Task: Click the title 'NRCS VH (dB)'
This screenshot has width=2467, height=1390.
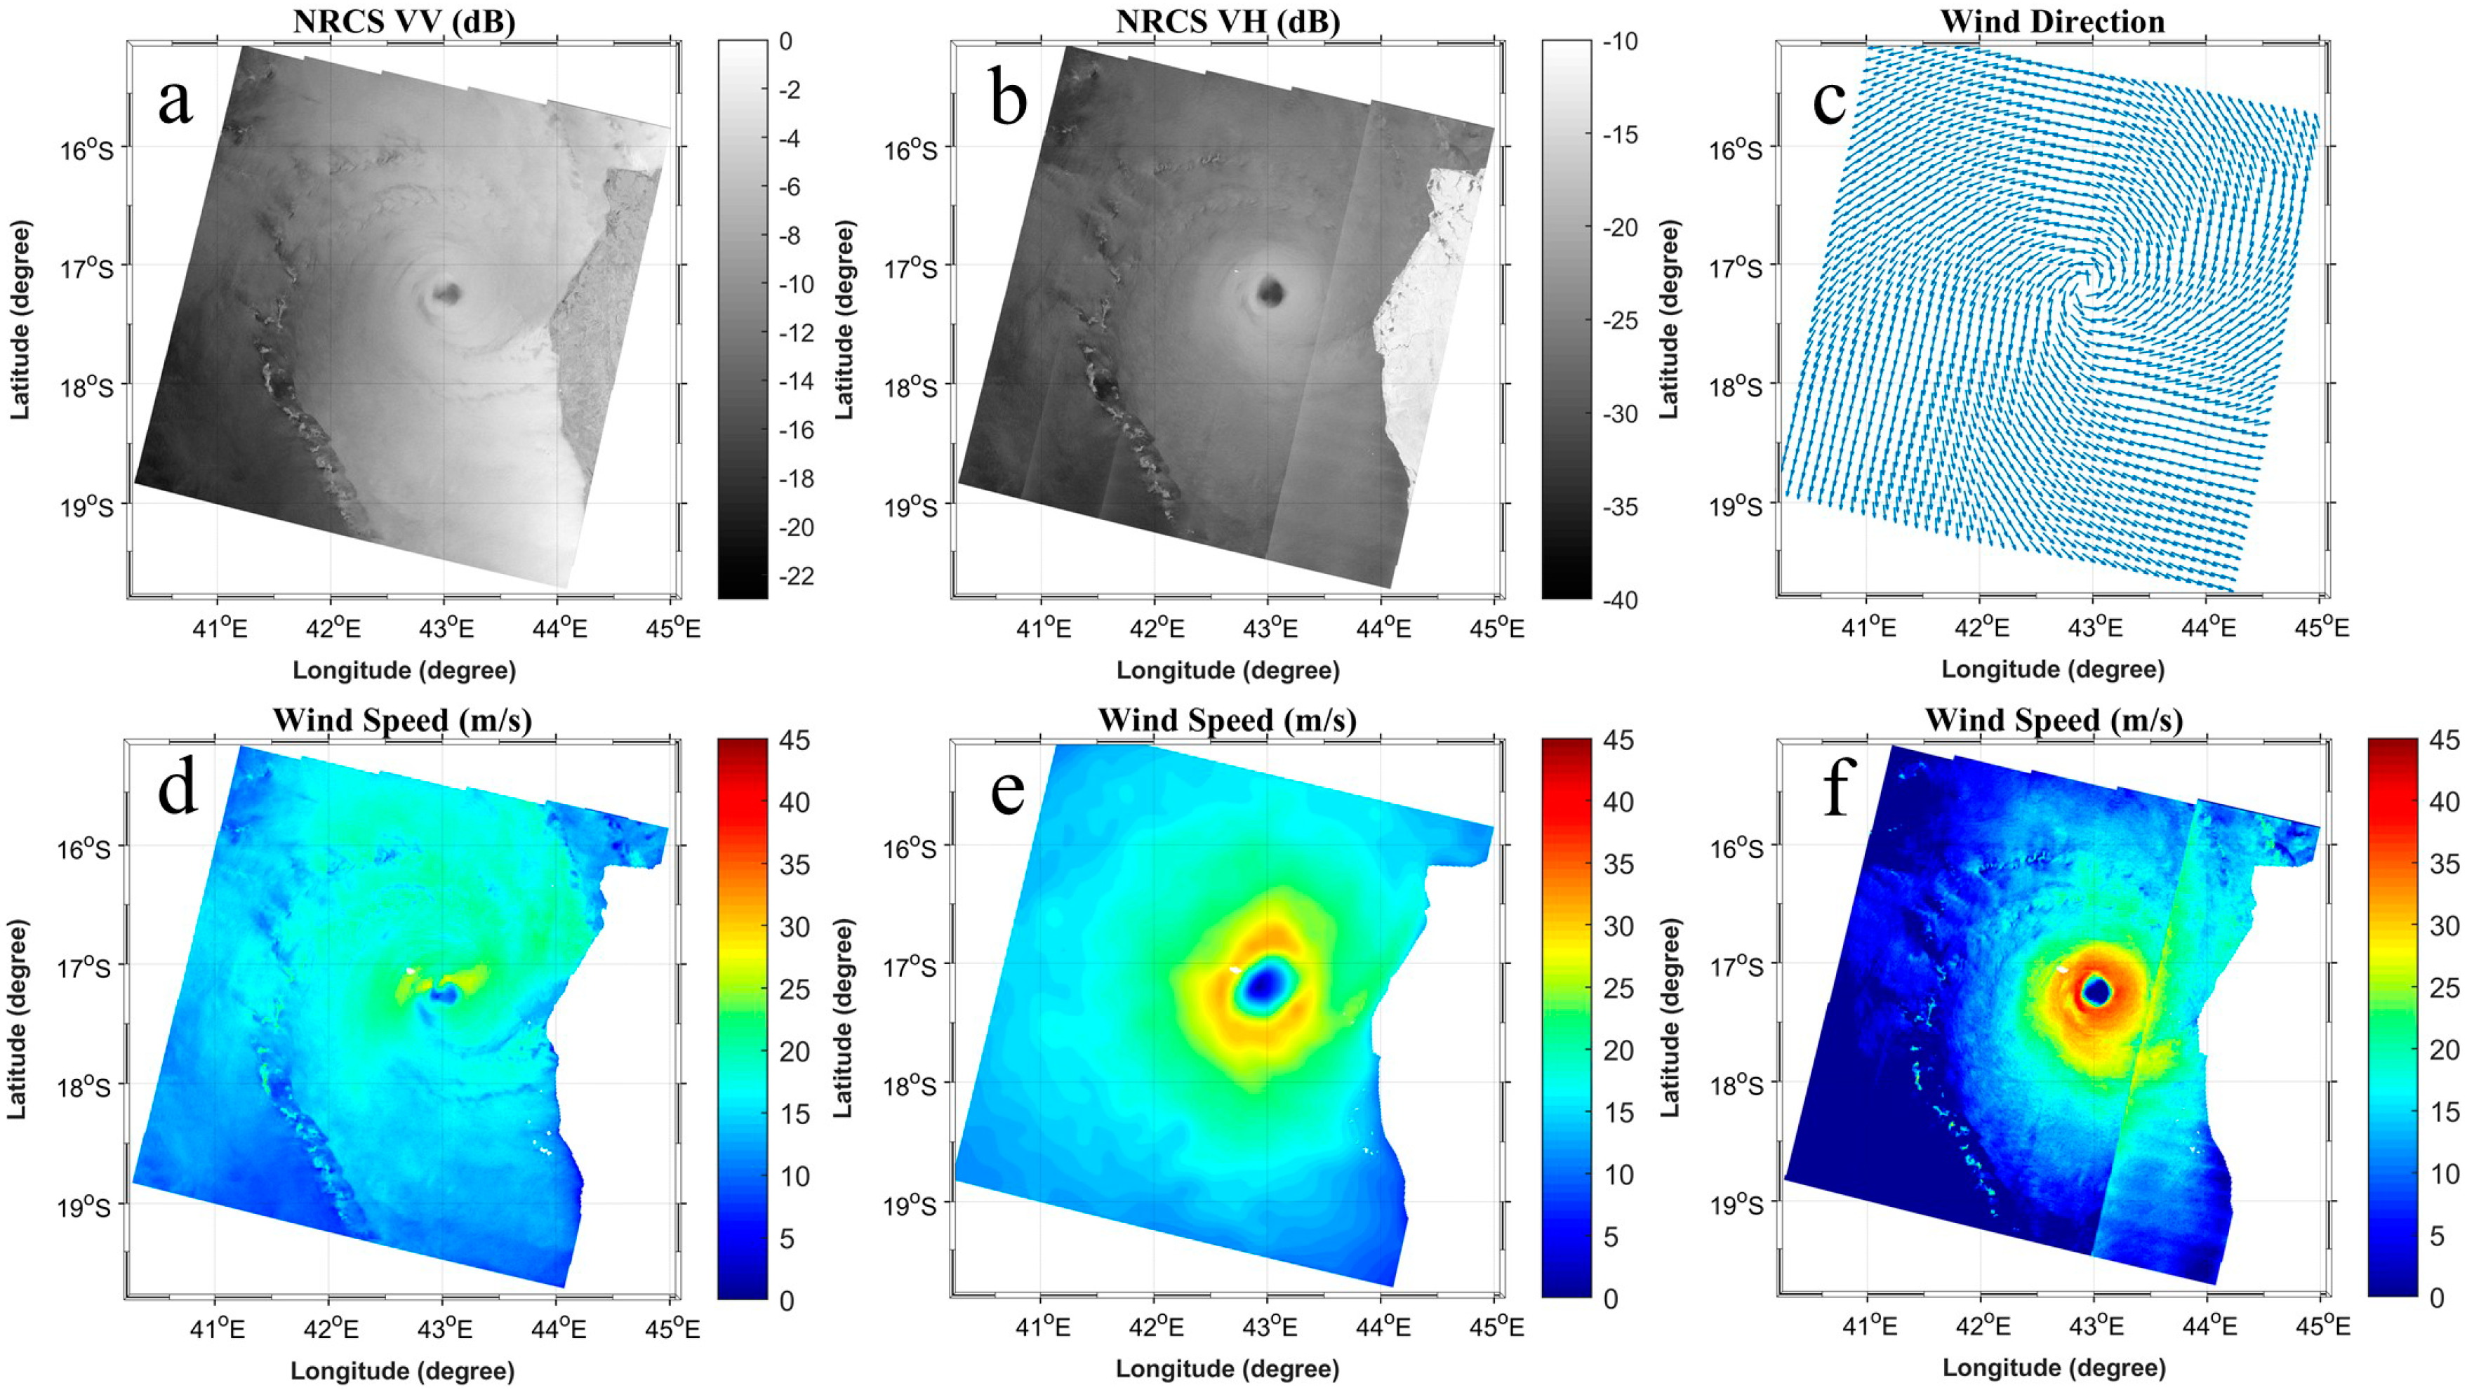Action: pyautogui.click(x=1227, y=21)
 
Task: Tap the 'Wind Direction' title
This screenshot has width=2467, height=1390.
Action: pyautogui.click(x=2052, y=21)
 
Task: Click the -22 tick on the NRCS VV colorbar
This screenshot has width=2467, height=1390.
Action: pyautogui.click(x=798, y=575)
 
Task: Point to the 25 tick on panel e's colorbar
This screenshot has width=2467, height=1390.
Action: pyautogui.click(x=1618, y=988)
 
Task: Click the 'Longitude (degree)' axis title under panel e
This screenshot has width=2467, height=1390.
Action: pyautogui.click(x=1227, y=1369)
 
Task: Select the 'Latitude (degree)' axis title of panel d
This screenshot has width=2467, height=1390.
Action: pyautogui.click(x=18, y=1019)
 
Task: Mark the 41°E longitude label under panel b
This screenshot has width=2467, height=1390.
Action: pyautogui.click(x=1043, y=629)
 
